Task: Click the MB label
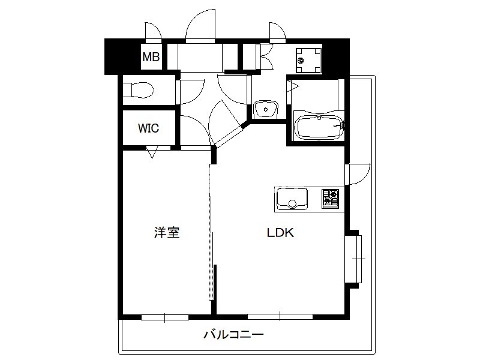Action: [151, 56]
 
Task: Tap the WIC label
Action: [148, 128]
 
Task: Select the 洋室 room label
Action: [167, 233]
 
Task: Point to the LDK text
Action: [280, 233]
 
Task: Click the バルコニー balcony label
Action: [234, 334]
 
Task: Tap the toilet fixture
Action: [139, 89]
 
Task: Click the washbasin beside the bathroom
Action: [265, 109]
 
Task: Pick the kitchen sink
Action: [292, 199]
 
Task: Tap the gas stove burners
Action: [331, 199]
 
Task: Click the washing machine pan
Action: [308, 61]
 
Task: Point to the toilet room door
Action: [191, 92]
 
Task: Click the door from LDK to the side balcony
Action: [358, 174]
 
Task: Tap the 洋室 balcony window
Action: [164, 317]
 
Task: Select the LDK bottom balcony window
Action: [280, 317]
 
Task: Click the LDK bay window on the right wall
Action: [353, 259]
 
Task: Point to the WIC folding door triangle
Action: [152, 152]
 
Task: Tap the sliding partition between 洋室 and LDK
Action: [211, 233]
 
